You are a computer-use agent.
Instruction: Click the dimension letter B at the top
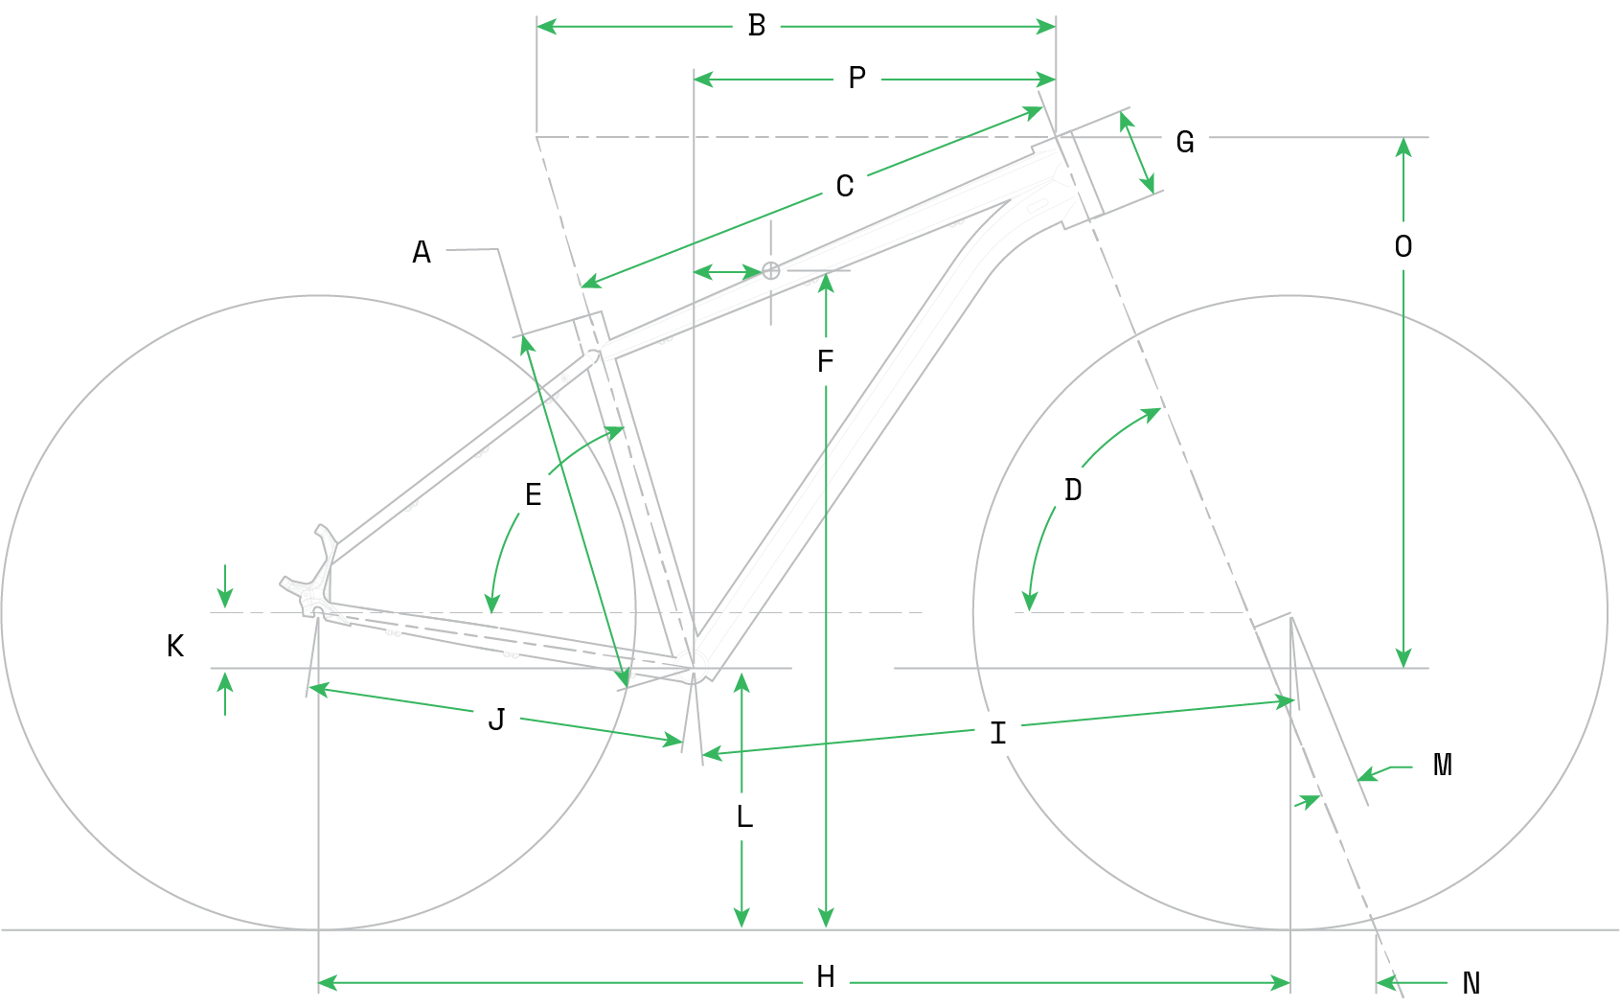(x=757, y=26)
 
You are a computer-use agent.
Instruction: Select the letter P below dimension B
(x=857, y=79)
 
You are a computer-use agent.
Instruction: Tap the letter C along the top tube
(x=845, y=186)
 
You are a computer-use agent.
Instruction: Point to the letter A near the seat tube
(x=422, y=252)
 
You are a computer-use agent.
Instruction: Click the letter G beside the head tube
(x=1185, y=142)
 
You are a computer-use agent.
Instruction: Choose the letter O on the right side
(x=1403, y=247)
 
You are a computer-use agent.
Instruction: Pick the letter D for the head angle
(x=1073, y=491)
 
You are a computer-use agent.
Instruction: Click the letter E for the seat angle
(x=534, y=495)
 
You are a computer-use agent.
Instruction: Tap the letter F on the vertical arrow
(x=826, y=362)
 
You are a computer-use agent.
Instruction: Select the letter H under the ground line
(x=826, y=977)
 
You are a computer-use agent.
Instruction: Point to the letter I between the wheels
(x=998, y=734)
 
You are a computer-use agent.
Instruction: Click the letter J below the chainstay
(x=496, y=720)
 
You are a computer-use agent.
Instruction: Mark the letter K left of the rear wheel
(x=175, y=647)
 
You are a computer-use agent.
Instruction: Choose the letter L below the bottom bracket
(x=744, y=817)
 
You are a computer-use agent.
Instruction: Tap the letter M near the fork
(x=1443, y=766)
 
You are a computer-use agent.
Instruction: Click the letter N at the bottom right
(x=1472, y=983)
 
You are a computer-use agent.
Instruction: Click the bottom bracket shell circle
(x=691, y=665)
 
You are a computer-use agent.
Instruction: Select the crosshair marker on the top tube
(x=771, y=271)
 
